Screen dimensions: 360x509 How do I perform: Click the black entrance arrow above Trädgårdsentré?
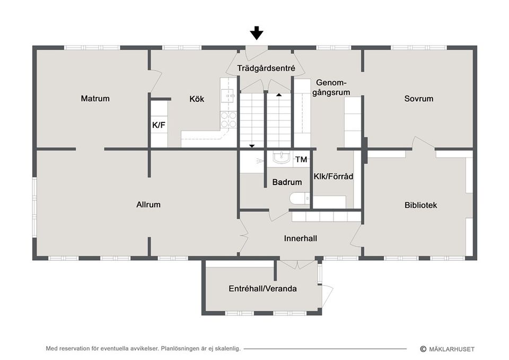pyautogui.click(x=257, y=33)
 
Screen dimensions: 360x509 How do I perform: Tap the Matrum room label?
pyautogui.click(x=95, y=98)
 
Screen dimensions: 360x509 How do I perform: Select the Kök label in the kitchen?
pyautogui.click(x=197, y=99)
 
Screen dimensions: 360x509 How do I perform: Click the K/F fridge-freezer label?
pyautogui.click(x=159, y=126)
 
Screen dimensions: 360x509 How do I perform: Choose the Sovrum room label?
pyautogui.click(x=418, y=98)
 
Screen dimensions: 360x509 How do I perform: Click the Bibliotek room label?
pyautogui.click(x=420, y=205)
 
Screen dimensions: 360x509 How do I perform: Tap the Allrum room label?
pyautogui.click(x=148, y=204)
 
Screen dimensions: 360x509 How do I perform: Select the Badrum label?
pyautogui.click(x=287, y=182)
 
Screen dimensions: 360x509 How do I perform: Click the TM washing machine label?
pyautogui.click(x=301, y=159)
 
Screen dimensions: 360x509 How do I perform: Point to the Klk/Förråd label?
pyautogui.click(x=334, y=176)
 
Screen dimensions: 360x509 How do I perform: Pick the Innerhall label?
pyautogui.click(x=300, y=239)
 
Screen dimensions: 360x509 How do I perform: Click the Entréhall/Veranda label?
pyautogui.click(x=262, y=289)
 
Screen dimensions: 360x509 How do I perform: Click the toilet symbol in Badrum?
pyautogui.click(x=299, y=199)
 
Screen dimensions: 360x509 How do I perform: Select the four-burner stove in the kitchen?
pyautogui.click(x=229, y=120)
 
